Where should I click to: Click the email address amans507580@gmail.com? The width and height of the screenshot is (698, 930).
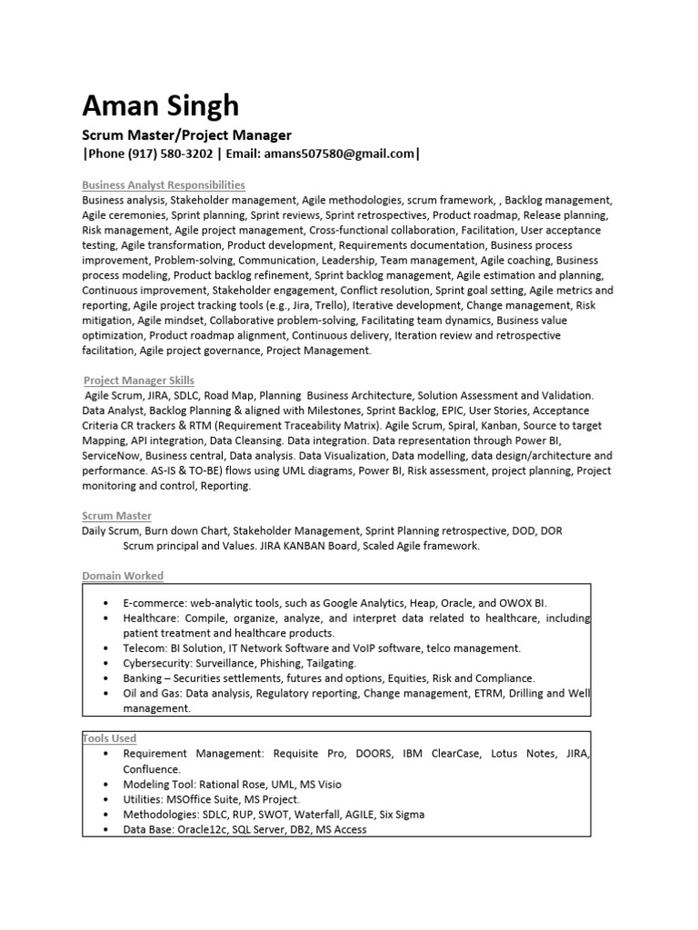pyautogui.click(x=339, y=154)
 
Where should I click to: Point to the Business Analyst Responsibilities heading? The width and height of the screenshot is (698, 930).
pyautogui.click(x=164, y=185)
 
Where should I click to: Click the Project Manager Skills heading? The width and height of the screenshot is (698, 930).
pyautogui.click(x=138, y=381)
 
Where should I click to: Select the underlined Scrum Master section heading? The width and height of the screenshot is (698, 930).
pyautogui.click(x=116, y=516)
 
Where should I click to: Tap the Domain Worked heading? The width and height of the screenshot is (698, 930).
pyautogui.click(x=123, y=576)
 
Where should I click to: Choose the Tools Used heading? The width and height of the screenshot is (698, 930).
pyautogui.click(x=110, y=738)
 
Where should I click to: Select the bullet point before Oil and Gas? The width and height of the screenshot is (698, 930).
pyautogui.click(x=107, y=693)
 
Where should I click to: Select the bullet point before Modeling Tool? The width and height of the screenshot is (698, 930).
pyautogui.click(x=107, y=784)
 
